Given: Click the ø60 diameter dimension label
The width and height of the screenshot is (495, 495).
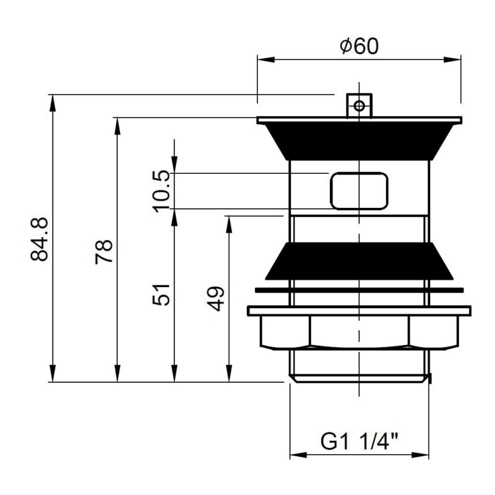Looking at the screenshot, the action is pyautogui.click(x=359, y=46).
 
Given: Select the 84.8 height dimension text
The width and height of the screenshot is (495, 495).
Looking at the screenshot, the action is pyautogui.click(x=40, y=239).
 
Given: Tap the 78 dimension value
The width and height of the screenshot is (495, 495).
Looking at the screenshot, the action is pyautogui.click(x=104, y=252).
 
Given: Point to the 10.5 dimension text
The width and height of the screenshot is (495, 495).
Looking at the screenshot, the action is pyautogui.click(x=161, y=191).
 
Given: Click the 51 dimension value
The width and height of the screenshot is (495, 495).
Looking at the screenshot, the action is pyautogui.click(x=161, y=295).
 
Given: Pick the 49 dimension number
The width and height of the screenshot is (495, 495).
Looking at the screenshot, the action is pyautogui.click(x=215, y=299).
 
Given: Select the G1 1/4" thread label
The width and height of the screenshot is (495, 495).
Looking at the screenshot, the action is pyautogui.click(x=359, y=441).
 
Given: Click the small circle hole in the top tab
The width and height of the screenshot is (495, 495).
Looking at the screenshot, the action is pyautogui.click(x=359, y=106).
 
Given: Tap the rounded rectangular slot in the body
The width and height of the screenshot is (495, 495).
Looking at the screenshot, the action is pyautogui.click(x=359, y=191).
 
